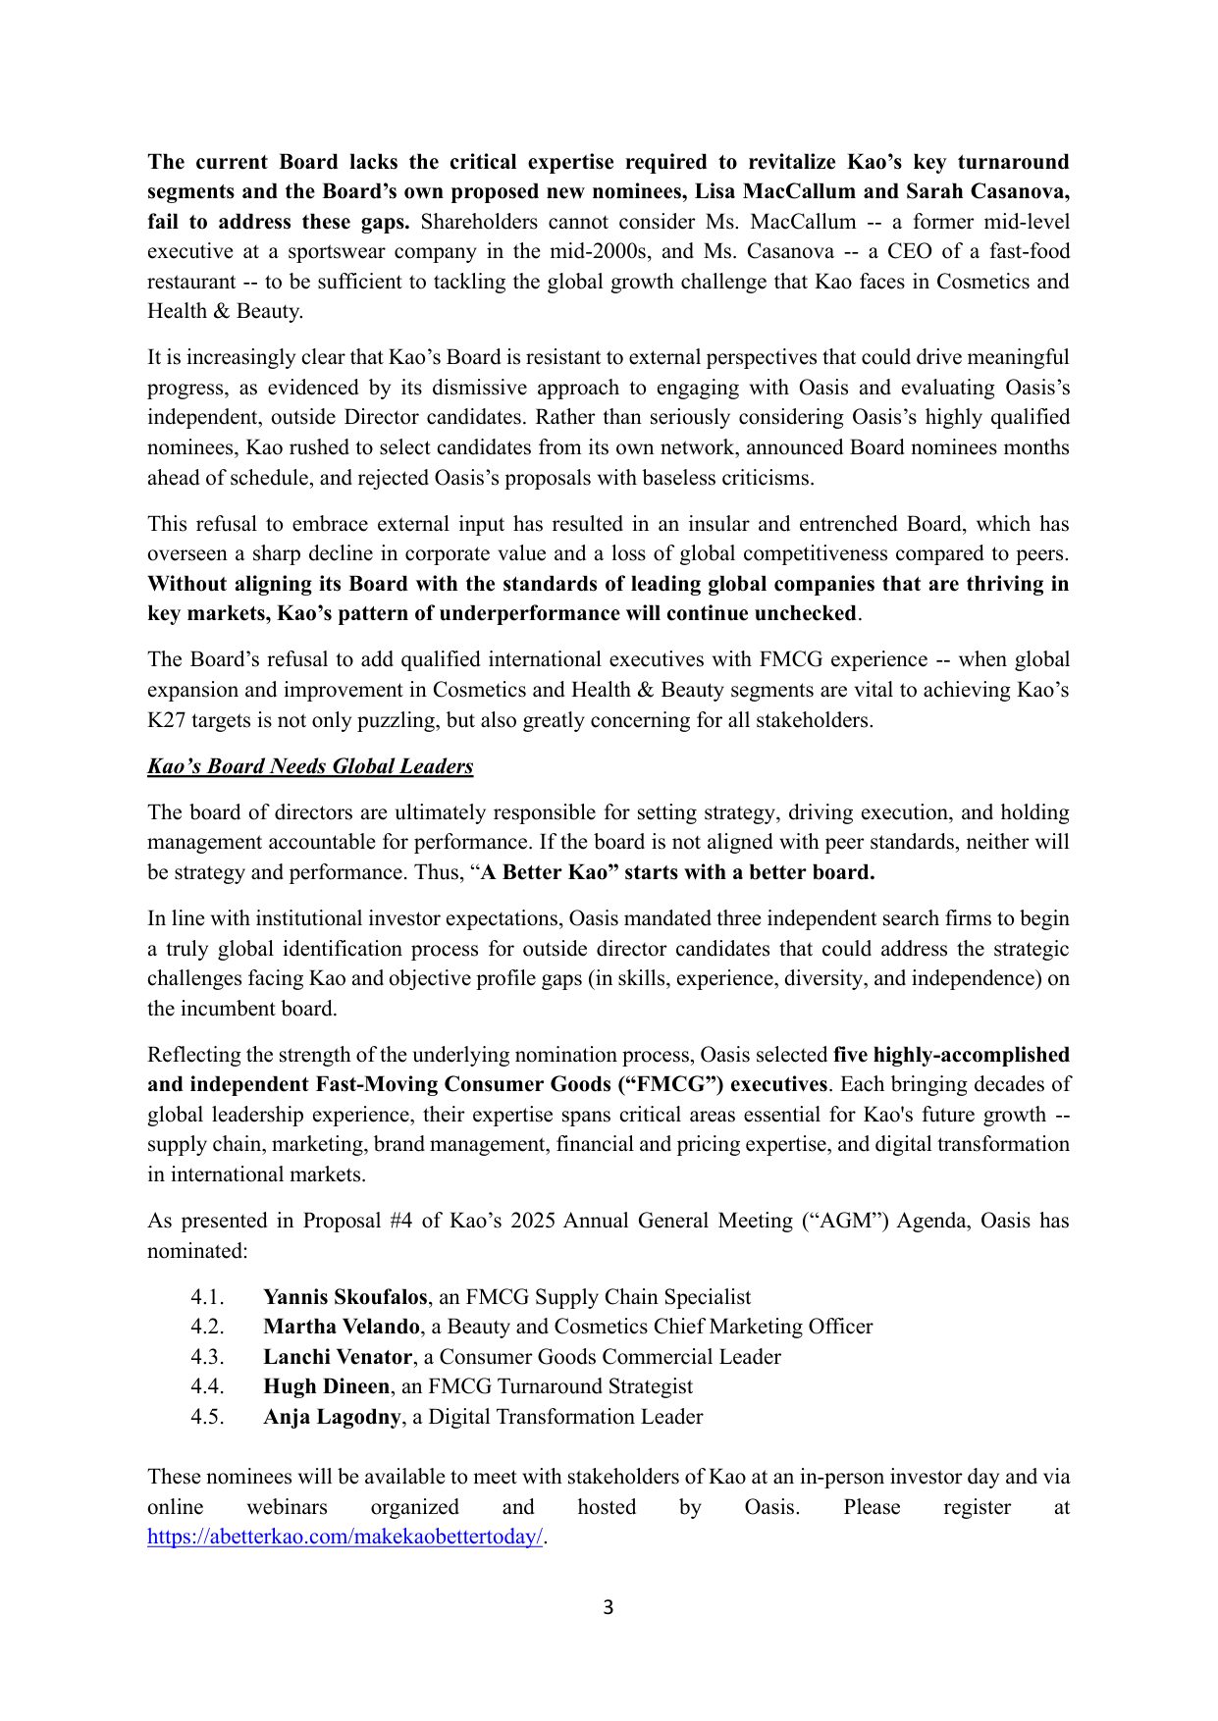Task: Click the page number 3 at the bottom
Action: [608, 1607]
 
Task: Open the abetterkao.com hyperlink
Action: [344, 1538]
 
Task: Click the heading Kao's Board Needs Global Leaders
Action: [310, 766]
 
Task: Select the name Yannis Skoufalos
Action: [344, 1297]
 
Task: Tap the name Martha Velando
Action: [341, 1327]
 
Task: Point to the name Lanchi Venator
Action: [337, 1357]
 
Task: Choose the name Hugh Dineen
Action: [326, 1386]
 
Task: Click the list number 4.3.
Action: [207, 1357]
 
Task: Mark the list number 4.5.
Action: [207, 1417]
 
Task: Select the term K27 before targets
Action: [166, 720]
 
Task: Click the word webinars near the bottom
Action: [287, 1507]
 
